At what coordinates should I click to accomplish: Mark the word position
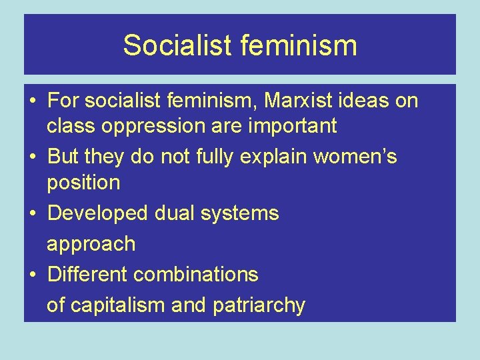click(x=83, y=183)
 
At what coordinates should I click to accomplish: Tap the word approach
click(x=91, y=244)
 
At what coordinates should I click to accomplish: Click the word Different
click(x=87, y=274)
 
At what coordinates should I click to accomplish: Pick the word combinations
click(x=196, y=274)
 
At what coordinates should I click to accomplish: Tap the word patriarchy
click(x=259, y=305)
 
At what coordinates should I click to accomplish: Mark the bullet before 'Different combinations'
click(x=33, y=275)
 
